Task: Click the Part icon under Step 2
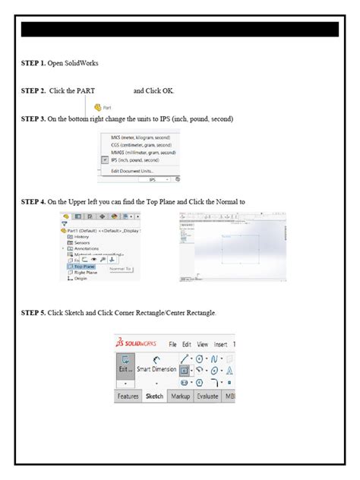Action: [x=103, y=108]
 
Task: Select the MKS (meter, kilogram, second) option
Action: [x=141, y=137]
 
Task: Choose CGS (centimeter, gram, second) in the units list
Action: [x=141, y=145]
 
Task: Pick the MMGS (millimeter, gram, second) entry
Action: [x=141, y=153]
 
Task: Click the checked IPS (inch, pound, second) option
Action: [x=140, y=160]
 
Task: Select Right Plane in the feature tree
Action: [x=85, y=273]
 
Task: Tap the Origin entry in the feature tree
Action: [x=81, y=279]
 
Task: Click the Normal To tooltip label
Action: [x=120, y=268]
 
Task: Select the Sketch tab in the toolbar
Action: [x=154, y=396]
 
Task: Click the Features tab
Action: [x=128, y=396]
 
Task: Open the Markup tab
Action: [x=180, y=396]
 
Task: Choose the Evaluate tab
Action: [x=207, y=396]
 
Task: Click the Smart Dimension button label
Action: [x=156, y=369]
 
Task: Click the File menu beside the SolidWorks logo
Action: [x=172, y=344]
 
